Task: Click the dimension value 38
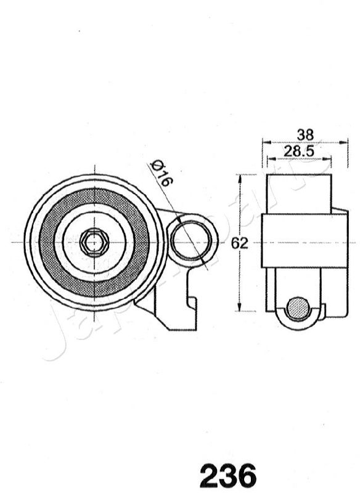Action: click(305, 134)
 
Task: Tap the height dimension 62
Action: click(240, 243)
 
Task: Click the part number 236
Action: click(227, 476)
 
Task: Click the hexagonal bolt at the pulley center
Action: click(94, 242)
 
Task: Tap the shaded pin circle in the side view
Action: click(299, 308)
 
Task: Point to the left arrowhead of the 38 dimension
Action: click(265, 142)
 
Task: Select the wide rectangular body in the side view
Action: click(305, 240)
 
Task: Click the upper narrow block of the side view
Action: click(299, 194)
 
